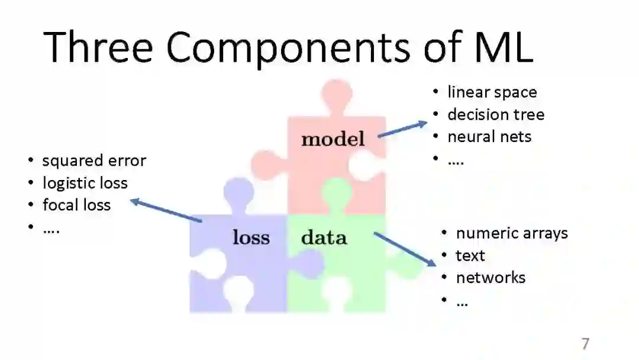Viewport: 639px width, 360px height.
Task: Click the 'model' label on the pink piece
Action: click(333, 140)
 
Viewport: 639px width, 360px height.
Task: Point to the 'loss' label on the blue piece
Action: click(251, 238)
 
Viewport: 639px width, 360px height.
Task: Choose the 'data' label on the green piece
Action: click(324, 238)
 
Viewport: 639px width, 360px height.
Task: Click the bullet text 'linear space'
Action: click(492, 92)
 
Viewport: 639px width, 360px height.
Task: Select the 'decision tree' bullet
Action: click(495, 114)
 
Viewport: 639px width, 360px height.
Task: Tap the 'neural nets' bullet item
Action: click(489, 137)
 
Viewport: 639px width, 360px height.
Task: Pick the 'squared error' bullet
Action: click(94, 160)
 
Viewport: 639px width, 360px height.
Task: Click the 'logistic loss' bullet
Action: click(85, 183)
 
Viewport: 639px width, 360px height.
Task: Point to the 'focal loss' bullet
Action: click(76, 205)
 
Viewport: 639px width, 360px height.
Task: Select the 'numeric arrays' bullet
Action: click(511, 233)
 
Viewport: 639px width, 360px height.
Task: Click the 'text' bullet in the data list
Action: click(470, 256)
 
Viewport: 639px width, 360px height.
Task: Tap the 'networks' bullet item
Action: click(490, 278)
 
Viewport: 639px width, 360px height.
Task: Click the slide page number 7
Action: click(585, 344)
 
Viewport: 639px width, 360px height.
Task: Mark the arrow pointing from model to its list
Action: click(402, 129)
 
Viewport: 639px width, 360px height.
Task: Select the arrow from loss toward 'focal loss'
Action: click(166, 211)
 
